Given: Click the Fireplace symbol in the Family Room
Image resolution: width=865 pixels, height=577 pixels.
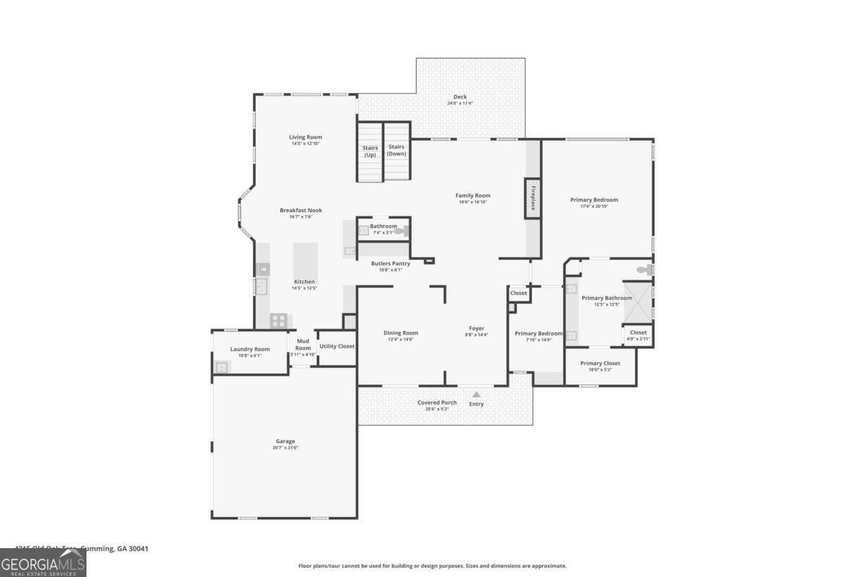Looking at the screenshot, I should [x=533, y=198].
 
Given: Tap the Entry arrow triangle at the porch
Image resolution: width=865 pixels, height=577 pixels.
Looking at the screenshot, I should [x=476, y=395].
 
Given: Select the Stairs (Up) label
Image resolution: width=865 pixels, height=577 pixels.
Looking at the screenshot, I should [x=370, y=151].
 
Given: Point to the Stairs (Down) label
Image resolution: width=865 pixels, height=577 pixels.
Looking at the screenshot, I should [x=396, y=150].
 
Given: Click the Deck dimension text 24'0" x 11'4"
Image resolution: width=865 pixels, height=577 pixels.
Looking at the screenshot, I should [x=460, y=104].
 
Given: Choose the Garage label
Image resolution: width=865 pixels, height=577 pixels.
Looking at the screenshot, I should [x=285, y=441].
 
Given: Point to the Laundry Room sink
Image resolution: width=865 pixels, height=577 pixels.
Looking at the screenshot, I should [x=221, y=367].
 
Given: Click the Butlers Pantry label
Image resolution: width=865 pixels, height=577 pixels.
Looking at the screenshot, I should [x=391, y=264].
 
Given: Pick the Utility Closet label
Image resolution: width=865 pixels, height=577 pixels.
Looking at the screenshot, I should [x=337, y=346].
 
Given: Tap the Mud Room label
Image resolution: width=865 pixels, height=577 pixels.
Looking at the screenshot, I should [x=303, y=344].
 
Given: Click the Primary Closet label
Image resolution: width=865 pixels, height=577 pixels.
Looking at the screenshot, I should [x=600, y=364].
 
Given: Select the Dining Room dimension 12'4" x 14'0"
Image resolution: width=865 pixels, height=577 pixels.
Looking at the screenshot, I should [x=401, y=339].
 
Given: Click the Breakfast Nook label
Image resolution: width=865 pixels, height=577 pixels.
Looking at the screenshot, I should [x=301, y=211].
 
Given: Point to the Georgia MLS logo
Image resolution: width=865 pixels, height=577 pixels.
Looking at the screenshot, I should [x=43, y=563].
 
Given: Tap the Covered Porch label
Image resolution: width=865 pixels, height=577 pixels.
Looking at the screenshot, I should [x=437, y=402].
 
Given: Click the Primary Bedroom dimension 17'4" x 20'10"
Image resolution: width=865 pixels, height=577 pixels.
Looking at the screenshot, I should [x=594, y=207].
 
